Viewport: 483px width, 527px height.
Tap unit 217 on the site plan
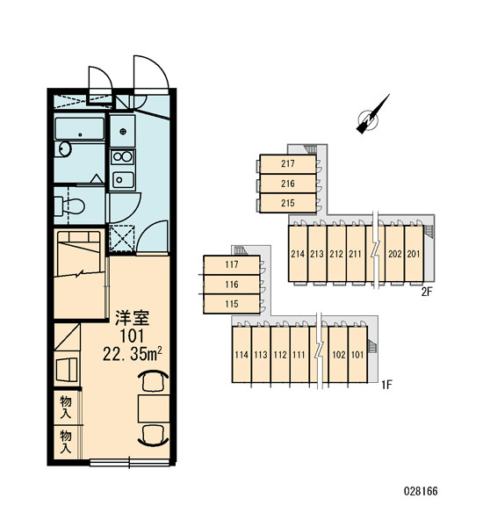click(x=288, y=164)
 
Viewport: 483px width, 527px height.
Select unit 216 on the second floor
click(x=288, y=184)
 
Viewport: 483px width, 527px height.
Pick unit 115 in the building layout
click(x=232, y=304)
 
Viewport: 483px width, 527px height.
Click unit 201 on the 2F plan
click(x=414, y=254)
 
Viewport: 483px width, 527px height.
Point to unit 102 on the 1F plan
click(x=338, y=355)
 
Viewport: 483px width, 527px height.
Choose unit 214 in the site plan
click(x=298, y=254)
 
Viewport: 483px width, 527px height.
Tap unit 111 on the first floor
click(x=299, y=355)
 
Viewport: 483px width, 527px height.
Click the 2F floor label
click(x=427, y=292)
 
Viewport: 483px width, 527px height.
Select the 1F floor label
click(x=386, y=385)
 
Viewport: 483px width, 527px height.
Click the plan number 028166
click(x=421, y=491)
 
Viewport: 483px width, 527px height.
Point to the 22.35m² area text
click(x=133, y=354)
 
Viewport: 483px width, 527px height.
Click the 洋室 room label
click(x=132, y=318)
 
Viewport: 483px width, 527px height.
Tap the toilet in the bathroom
click(x=70, y=206)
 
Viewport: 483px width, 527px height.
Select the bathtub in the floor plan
click(x=80, y=129)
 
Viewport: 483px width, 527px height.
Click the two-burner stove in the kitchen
click(x=122, y=156)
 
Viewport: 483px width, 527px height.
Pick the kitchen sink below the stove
click(x=122, y=180)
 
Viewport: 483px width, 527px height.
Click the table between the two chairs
click(x=154, y=408)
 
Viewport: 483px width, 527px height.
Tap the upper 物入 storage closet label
click(x=66, y=407)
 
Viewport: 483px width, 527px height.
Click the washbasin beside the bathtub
click(x=64, y=149)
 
